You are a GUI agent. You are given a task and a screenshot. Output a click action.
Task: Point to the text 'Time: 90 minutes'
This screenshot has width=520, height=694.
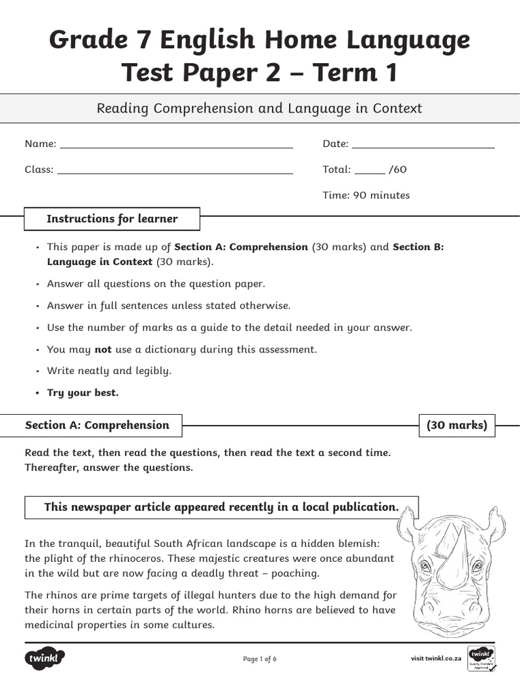pyautogui.click(x=366, y=195)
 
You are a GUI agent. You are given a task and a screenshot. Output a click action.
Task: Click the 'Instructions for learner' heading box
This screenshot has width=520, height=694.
pyautogui.click(x=112, y=219)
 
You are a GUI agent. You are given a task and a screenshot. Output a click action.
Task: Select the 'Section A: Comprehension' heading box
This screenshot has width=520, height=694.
pyautogui.click(x=97, y=426)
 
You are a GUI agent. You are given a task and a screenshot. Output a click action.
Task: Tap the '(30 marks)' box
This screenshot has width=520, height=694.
pyautogui.click(x=457, y=426)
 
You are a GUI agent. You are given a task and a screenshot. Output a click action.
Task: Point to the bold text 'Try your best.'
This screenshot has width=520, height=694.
pyautogui.click(x=82, y=393)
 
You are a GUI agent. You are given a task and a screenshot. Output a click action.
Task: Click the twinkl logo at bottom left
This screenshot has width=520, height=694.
pyautogui.click(x=45, y=658)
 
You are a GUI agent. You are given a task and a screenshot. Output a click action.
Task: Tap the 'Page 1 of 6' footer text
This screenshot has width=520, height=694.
pyautogui.click(x=259, y=659)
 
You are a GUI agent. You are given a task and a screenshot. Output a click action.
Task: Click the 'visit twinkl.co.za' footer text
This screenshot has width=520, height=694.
pyautogui.click(x=436, y=658)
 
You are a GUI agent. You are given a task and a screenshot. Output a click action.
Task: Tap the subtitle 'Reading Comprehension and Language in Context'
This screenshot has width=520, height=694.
pyautogui.click(x=259, y=108)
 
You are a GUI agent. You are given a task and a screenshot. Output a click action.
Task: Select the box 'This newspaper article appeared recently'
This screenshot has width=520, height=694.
pyautogui.click(x=221, y=507)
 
